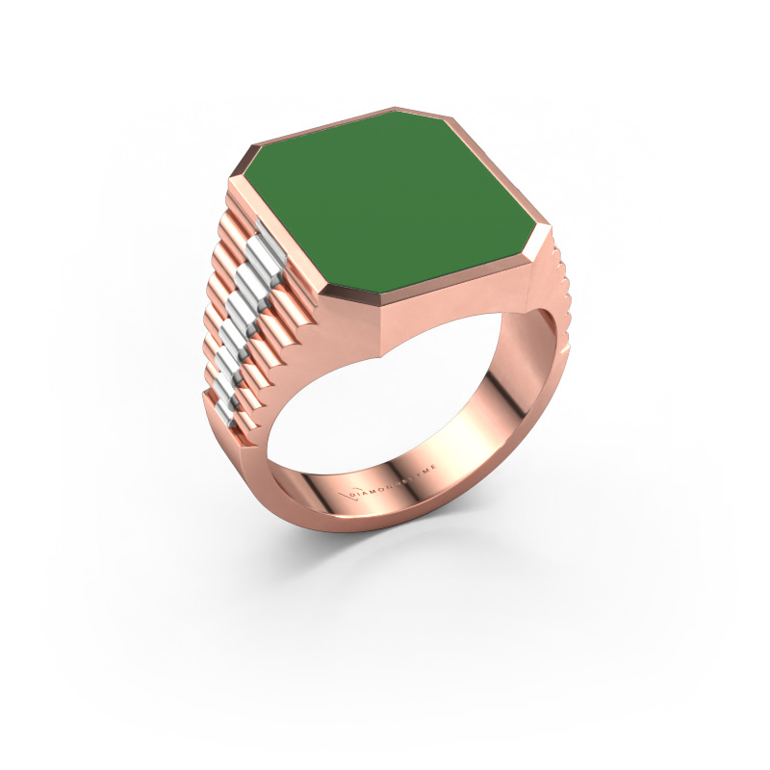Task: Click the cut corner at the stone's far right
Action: (x=548, y=236)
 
